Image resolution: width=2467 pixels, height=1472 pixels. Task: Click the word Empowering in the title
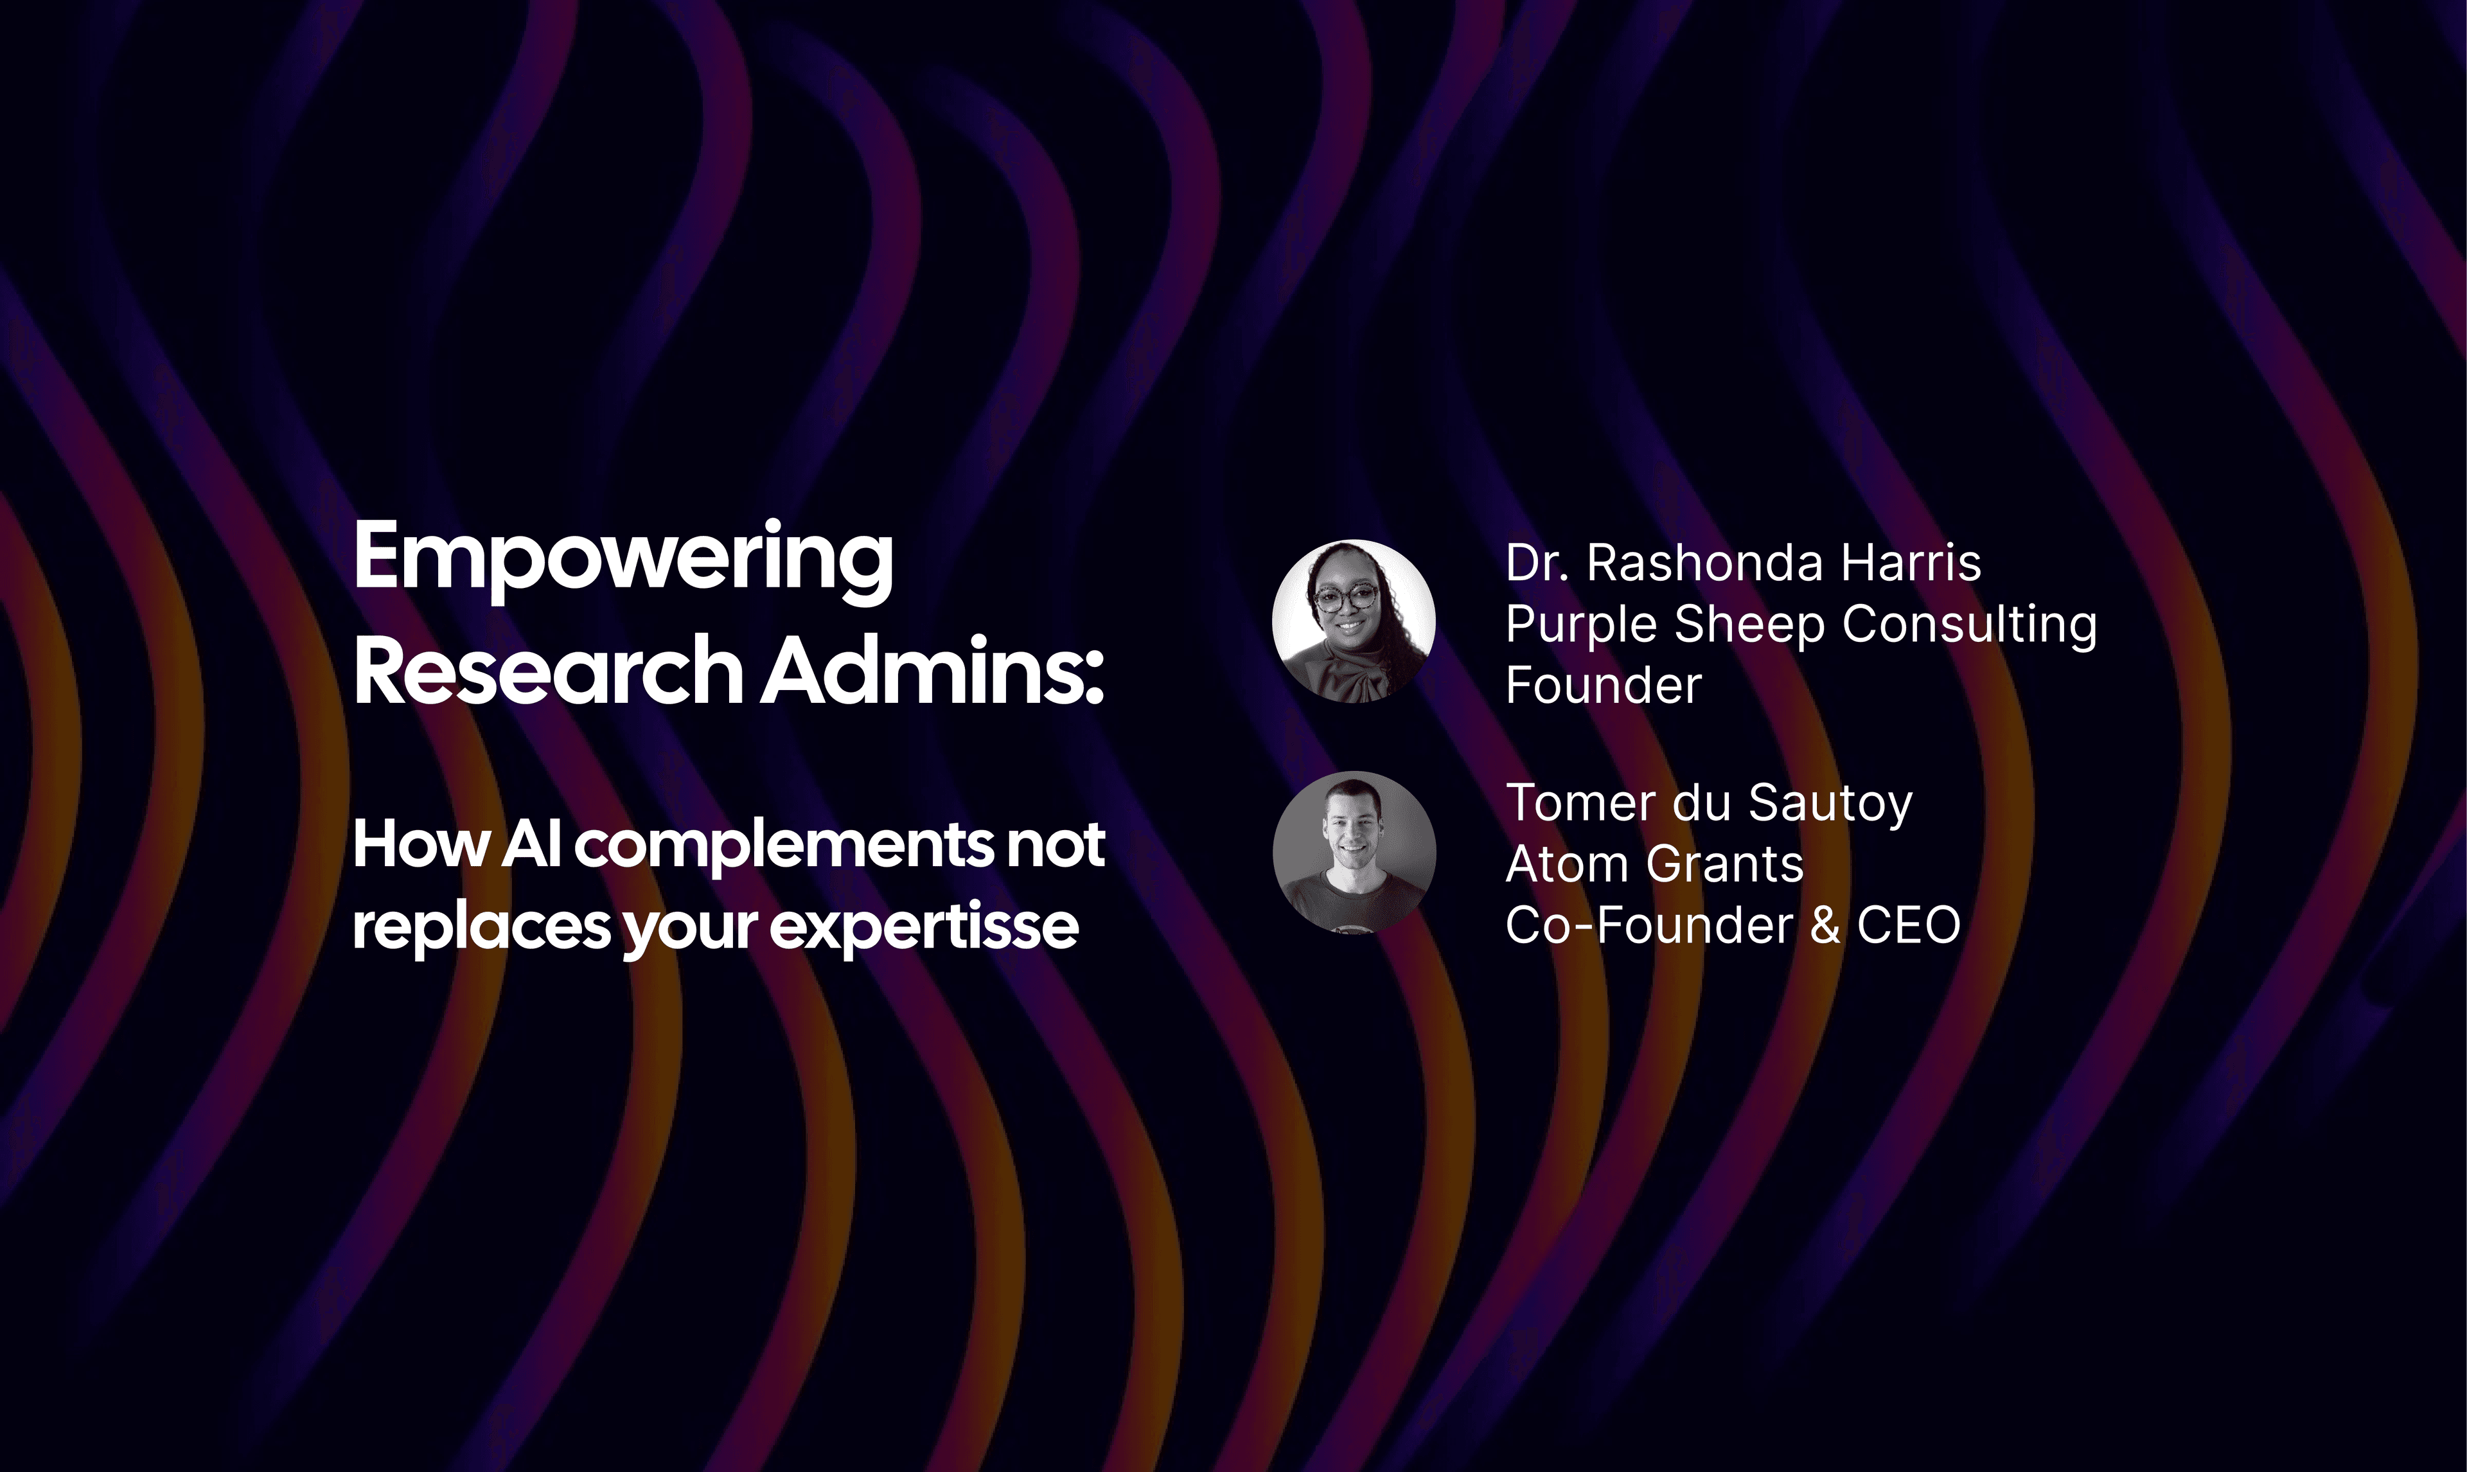624,560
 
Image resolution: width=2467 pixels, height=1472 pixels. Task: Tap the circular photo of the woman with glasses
1354,621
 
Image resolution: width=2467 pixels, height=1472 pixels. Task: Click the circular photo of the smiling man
1354,852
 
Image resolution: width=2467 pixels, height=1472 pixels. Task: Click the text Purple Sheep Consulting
1801,626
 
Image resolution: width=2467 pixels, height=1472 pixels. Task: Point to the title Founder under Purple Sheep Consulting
1604,686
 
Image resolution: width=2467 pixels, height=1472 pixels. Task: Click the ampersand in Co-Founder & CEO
1825,925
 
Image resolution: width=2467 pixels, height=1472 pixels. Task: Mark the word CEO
1909,925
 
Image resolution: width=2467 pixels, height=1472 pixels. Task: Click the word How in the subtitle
421,844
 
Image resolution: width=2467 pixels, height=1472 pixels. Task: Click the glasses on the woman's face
1347,598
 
